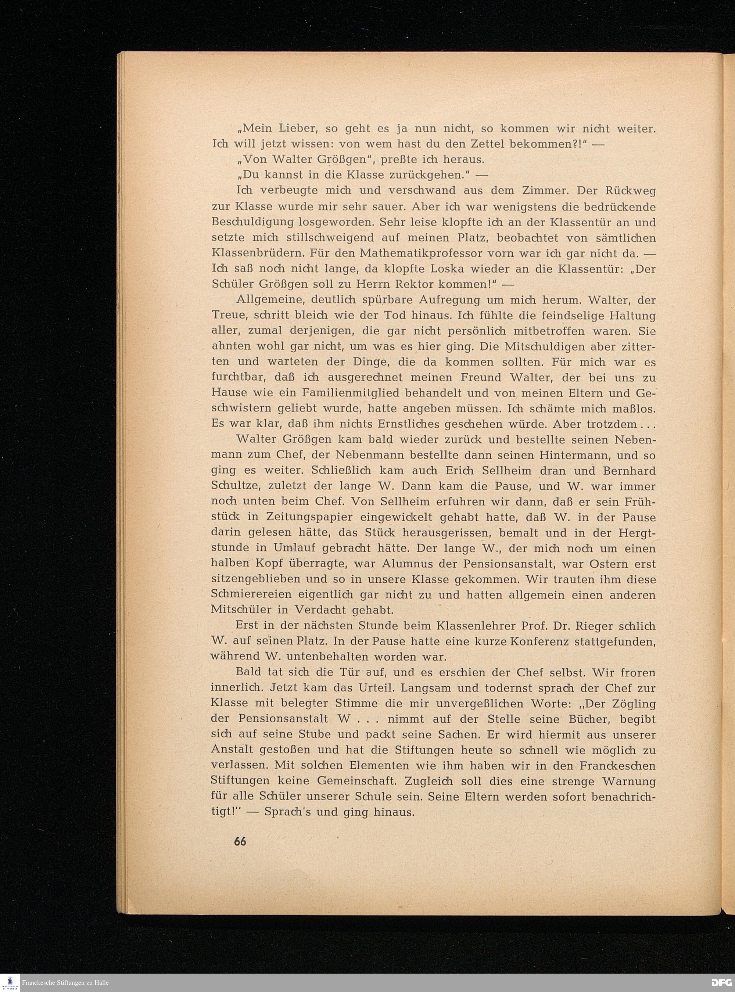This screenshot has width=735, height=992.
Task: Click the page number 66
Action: [239, 841]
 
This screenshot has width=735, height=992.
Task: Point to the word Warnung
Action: [629, 781]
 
